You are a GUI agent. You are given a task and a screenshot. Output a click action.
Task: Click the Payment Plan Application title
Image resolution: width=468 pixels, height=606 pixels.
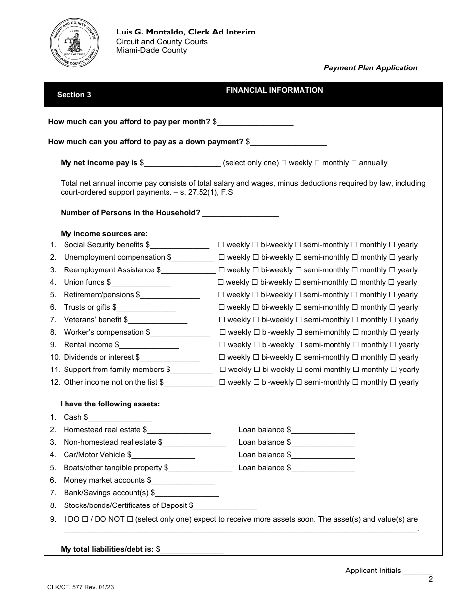coord(370,68)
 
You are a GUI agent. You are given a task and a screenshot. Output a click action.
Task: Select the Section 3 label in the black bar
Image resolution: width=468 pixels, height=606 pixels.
coord(74,95)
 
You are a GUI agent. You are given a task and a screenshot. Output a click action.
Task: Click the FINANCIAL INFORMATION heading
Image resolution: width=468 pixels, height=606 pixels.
coord(274,90)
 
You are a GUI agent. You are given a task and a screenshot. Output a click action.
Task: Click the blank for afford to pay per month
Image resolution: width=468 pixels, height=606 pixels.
coord(255,122)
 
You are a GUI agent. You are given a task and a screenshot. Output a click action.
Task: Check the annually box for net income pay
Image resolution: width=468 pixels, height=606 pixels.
coord(355,163)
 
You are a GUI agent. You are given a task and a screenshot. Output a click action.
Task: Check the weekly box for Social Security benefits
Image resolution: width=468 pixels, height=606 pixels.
coord(222,245)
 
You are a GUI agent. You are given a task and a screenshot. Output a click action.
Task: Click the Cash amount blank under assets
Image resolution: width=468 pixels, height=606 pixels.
coord(120,417)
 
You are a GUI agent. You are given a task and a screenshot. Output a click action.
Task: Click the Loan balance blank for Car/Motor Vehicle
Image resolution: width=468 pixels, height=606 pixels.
coord(323,455)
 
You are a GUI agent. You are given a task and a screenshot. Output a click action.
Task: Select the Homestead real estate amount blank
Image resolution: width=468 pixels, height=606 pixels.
coord(179,430)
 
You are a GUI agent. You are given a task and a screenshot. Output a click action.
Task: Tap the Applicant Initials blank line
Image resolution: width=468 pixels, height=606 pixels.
coord(417,571)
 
